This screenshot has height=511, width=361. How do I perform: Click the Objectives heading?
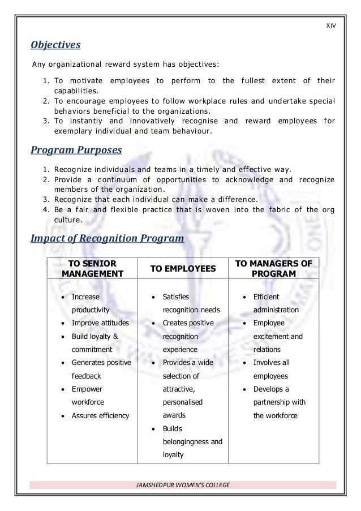[x=55, y=44]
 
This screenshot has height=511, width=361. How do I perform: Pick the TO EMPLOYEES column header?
[x=184, y=269]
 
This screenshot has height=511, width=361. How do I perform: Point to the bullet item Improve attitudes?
[x=100, y=323]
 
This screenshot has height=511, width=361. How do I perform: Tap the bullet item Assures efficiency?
[x=100, y=416]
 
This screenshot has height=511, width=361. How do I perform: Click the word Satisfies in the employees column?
[x=175, y=297]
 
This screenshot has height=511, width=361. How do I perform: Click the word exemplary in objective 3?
[x=74, y=131]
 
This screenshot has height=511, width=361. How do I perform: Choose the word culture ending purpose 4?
[x=67, y=220]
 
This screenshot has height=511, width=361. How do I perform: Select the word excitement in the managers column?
[x=272, y=337]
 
